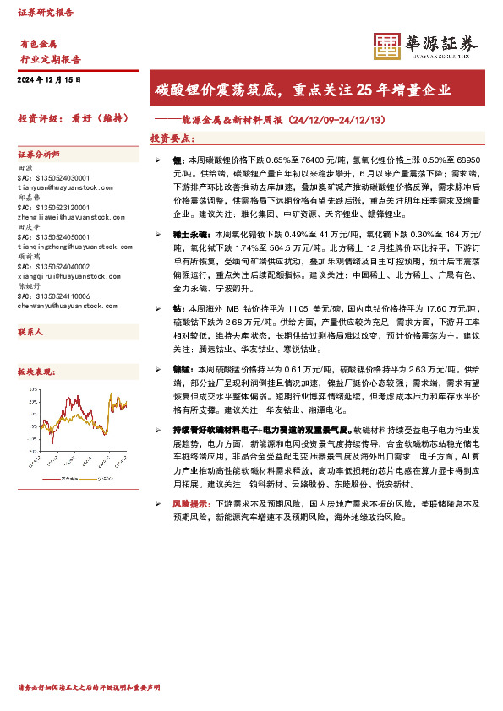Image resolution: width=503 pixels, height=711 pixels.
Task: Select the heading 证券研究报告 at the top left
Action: pos(46,13)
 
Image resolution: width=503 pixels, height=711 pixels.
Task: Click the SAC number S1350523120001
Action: pos(52,206)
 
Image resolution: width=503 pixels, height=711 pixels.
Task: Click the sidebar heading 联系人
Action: pos(30,309)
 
